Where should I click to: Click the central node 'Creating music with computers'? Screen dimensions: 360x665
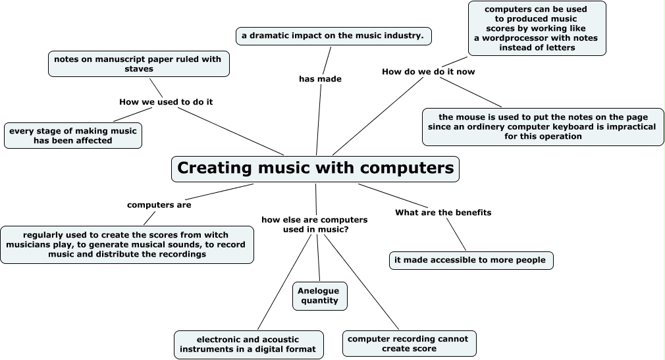pos(315,168)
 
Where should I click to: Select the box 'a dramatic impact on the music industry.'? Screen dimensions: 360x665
pos(333,36)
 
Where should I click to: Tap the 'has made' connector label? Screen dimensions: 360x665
pos(320,79)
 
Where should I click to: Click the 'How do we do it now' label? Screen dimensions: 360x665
pos(428,71)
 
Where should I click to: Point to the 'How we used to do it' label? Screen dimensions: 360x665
pos(166,102)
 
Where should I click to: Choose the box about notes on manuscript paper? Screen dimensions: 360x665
pos(138,64)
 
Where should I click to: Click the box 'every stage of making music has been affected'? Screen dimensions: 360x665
pos(72,135)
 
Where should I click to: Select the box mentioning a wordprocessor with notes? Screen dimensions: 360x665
pos(537,28)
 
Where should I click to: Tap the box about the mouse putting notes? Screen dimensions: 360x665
pos(543,126)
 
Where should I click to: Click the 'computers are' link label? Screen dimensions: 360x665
pos(159,205)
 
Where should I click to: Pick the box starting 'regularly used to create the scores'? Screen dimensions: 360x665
pos(126,245)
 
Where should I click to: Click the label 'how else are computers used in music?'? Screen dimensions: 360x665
pos(315,224)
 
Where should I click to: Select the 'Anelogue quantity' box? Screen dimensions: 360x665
pos(319,296)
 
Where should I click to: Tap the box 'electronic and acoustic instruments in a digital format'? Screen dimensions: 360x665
pos(249,345)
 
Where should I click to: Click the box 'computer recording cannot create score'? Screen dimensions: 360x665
pos(409,344)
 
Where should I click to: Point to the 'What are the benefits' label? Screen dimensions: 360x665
pos(443,213)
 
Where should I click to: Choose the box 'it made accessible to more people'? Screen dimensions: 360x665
pos(470,260)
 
